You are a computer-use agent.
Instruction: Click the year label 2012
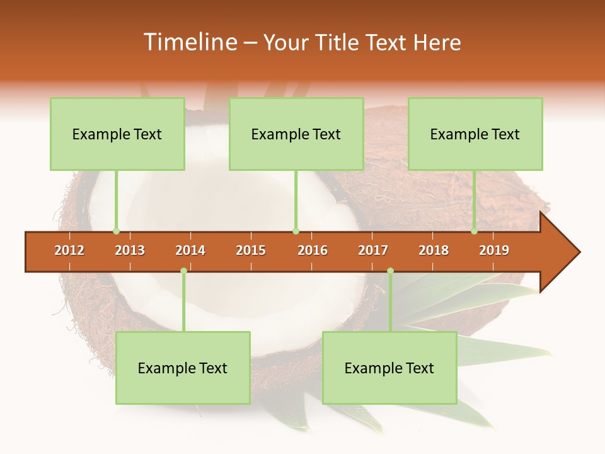69,250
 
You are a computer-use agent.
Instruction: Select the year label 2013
130,250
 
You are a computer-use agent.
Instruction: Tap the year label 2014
190,250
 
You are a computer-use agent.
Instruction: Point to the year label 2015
251,250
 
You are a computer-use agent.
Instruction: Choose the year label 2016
313,250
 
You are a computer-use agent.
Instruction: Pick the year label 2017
373,250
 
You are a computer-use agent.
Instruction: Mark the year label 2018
434,250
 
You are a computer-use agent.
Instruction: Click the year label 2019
494,250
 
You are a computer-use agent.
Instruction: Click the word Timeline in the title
188,42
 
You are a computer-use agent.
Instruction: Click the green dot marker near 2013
116,231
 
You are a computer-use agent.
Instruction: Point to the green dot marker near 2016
296,231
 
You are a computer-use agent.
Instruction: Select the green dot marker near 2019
474,231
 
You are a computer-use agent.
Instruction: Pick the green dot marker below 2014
183,271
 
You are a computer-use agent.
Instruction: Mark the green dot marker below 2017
390,271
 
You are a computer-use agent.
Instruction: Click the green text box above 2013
117,134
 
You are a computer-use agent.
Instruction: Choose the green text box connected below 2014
183,368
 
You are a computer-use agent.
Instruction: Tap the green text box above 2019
475,134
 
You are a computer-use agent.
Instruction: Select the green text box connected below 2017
389,368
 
